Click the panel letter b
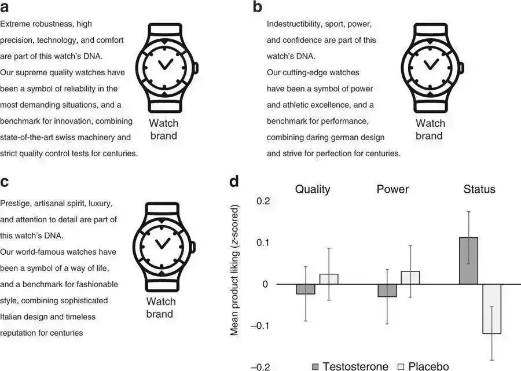[258, 8]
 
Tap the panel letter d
[234, 181]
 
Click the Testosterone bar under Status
[468, 260]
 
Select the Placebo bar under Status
[491, 308]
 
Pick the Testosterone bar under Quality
[306, 289]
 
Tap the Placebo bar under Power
[410, 277]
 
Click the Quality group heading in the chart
[313, 189]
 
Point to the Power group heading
[392, 189]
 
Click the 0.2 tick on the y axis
[263, 201]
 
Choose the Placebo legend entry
[423, 366]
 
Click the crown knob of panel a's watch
[196, 68]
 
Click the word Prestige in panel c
[15, 204]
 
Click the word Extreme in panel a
[14, 24]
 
